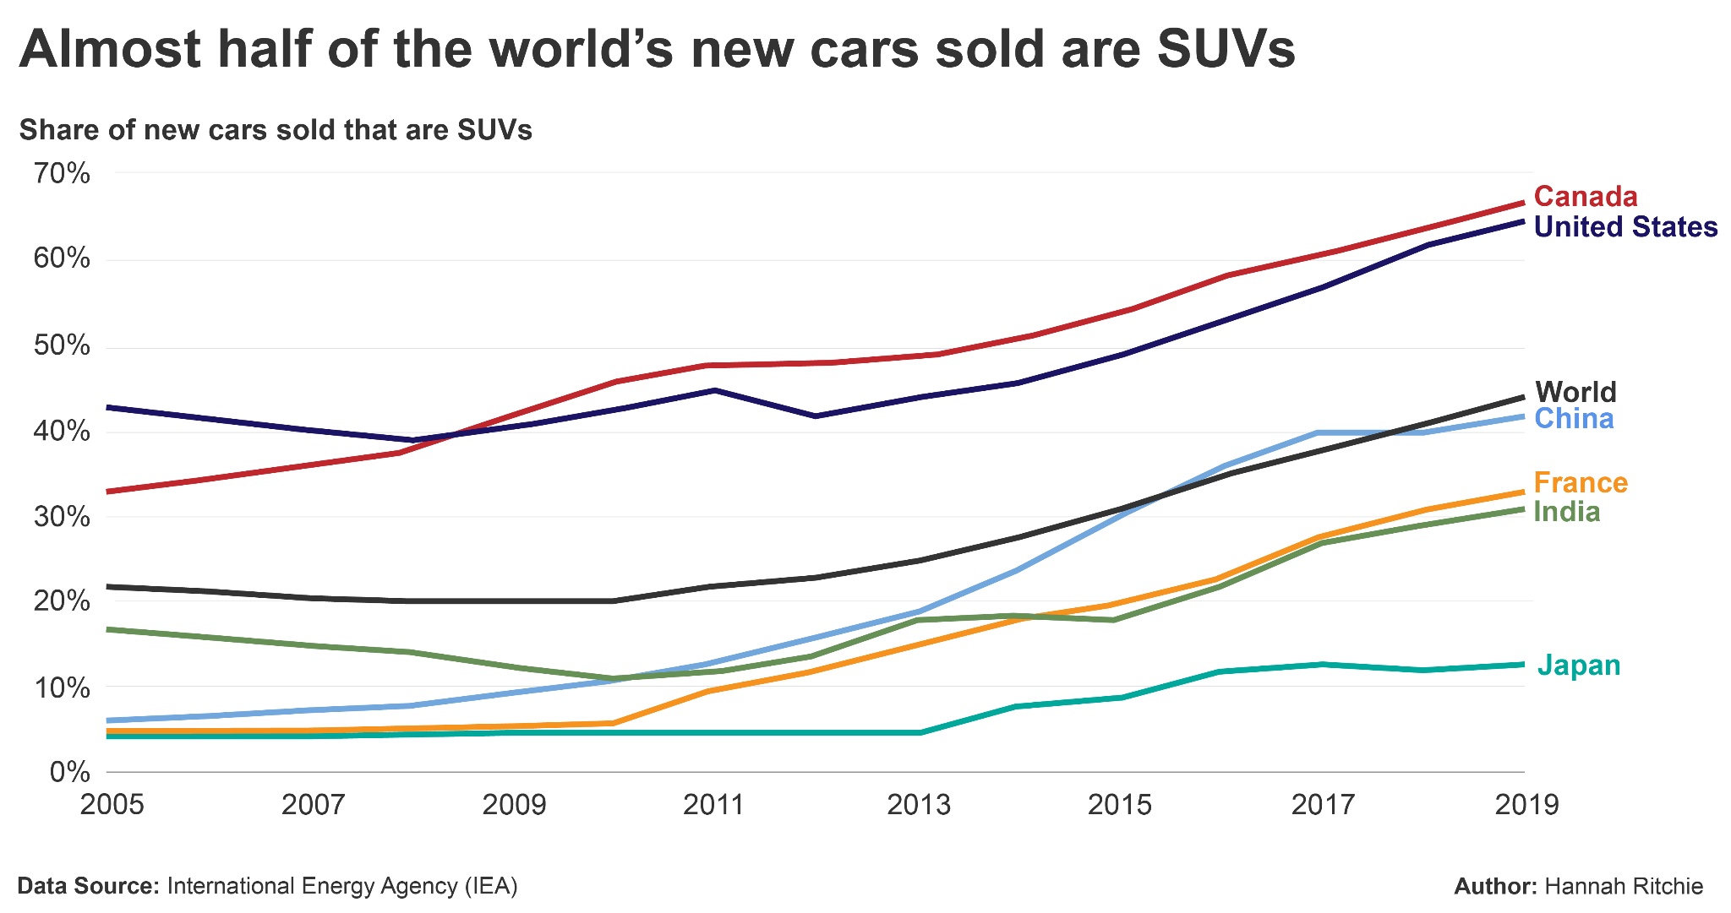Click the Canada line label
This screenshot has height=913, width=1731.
point(1586,197)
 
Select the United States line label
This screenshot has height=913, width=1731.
point(1625,227)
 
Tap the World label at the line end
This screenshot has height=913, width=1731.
point(1575,392)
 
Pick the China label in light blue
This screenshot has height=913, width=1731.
point(1574,419)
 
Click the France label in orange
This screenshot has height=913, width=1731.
point(1581,483)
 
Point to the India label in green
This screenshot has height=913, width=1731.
point(1567,512)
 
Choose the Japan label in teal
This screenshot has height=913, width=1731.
point(1579,666)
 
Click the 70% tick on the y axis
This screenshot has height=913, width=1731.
point(61,174)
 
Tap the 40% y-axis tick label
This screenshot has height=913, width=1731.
point(61,432)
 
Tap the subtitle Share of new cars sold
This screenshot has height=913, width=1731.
point(276,130)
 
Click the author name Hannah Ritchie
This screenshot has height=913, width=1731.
point(1624,886)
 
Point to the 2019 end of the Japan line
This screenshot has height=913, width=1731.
point(1523,665)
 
